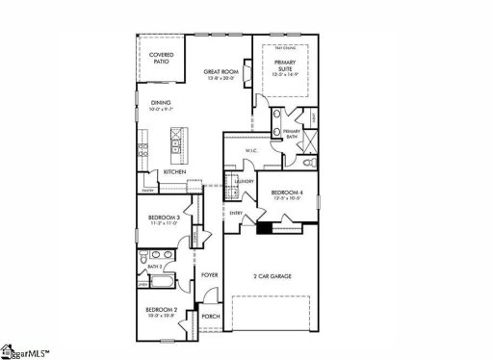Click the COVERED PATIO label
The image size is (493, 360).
tap(162, 58)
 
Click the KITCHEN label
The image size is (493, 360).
tap(174, 171)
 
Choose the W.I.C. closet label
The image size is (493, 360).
tap(249, 151)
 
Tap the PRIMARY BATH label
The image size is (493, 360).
tap(293, 134)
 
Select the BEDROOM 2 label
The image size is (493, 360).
tap(160, 310)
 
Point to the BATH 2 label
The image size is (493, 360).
tap(154, 266)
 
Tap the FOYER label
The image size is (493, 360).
tap(210, 275)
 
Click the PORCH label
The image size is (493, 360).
tap(210, 316)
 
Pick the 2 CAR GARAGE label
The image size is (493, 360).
tap(273, 276)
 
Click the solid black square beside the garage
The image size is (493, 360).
tap(263, 228)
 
